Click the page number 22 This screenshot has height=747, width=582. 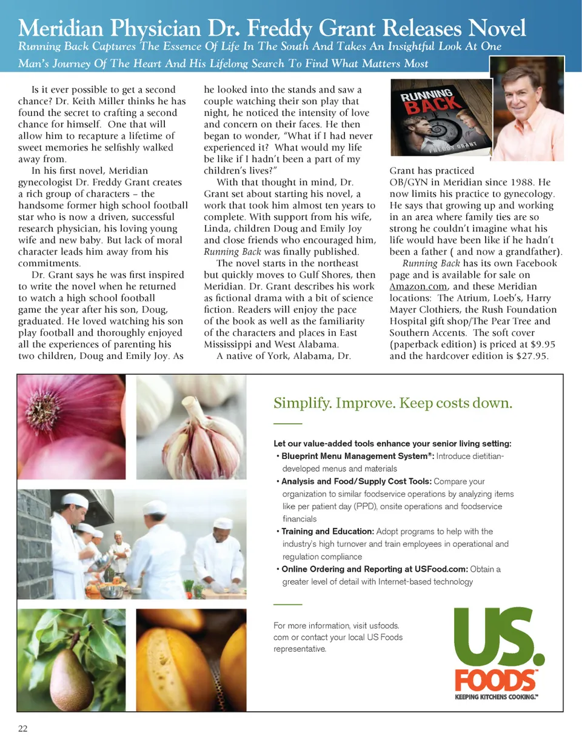coord(22,729)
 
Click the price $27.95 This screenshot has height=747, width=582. coord(530,357)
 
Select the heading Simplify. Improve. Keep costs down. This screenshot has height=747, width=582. coord(393,403)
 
